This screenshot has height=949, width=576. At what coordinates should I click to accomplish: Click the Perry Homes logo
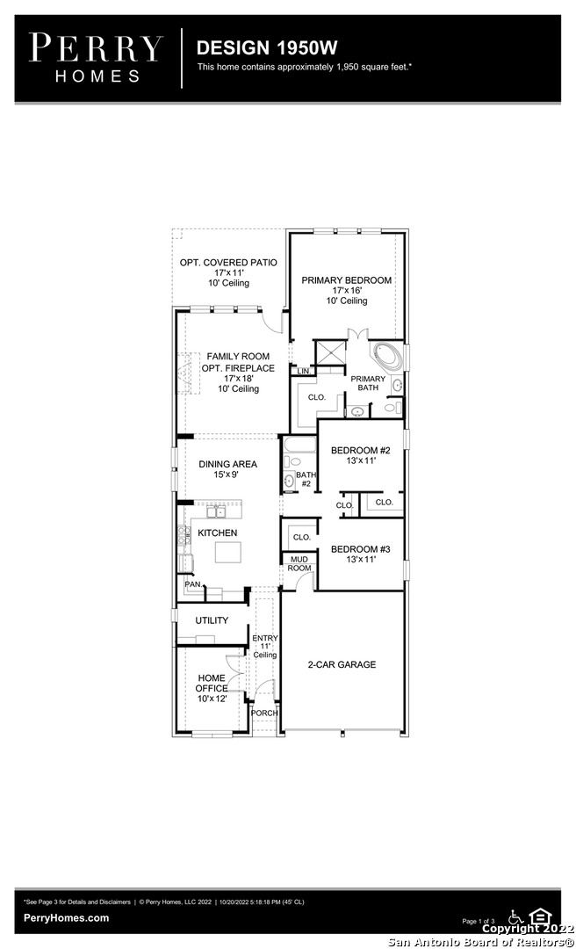(96, 58)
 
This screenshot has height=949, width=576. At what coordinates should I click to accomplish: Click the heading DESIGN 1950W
(267, 47)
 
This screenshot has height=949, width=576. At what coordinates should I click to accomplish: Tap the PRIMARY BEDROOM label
(347, 280)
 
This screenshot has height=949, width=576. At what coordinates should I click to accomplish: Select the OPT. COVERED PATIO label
(228, 263)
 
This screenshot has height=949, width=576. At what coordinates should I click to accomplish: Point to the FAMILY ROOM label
(238, 357)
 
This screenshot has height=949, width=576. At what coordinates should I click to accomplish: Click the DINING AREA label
(227, 464)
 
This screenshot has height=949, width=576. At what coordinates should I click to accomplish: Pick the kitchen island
(228, 552)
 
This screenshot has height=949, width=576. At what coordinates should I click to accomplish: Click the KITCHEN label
(217, 532)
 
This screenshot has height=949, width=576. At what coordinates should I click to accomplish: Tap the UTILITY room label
(212, 620)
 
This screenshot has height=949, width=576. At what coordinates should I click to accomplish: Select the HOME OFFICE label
(212, 684)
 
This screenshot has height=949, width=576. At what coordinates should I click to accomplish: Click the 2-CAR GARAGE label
(342, 664)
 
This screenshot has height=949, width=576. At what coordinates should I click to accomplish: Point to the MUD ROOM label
(299, 563)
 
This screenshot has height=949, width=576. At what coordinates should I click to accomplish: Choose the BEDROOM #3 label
(361, 549)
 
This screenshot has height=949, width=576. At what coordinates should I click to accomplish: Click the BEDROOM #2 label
(361, 450)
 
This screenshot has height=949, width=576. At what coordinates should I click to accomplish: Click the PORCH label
(264, 713)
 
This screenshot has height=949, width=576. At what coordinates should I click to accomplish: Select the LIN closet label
(303, 371)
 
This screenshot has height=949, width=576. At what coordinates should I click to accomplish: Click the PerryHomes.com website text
(66, 918)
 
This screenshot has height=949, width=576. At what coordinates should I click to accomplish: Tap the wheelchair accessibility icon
(516, 916)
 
